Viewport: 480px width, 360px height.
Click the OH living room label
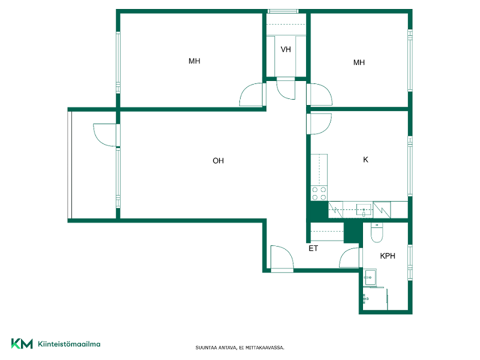click(218, 161)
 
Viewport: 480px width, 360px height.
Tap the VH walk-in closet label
click(286, 49)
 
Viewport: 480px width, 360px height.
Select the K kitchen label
click(365, 160)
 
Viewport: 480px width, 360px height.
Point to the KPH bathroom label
click(388, 256)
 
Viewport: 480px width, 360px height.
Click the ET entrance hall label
click(313, 248)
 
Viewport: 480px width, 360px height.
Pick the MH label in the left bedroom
click(194, 61)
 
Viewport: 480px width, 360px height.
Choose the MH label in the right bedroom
click(359, 62)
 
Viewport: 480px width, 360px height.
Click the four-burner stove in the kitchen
click(319, 193)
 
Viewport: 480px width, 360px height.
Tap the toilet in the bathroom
click(377, 233)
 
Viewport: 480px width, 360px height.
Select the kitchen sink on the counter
click(364, 210)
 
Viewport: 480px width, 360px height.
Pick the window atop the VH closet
click(283, 11)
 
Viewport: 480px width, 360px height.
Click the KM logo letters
click(22, 344)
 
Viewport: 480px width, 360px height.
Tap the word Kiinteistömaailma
click(69, 344)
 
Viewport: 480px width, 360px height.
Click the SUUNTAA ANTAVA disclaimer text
click(239, 348)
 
